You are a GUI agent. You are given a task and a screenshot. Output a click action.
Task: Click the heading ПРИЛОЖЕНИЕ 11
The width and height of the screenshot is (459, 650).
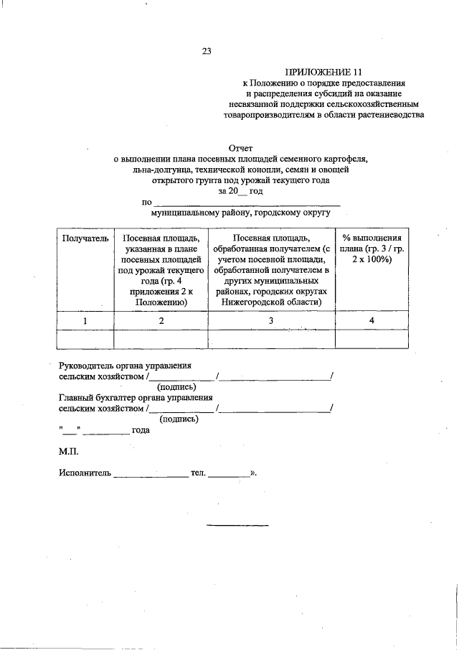319,72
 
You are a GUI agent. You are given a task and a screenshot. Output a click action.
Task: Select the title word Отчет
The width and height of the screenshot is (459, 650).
240,147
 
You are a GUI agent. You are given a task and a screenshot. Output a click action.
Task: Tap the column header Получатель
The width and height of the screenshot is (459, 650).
85,238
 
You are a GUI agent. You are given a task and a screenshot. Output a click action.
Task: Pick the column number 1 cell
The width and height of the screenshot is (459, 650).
85,320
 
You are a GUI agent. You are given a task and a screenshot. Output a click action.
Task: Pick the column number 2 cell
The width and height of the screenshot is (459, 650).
161,320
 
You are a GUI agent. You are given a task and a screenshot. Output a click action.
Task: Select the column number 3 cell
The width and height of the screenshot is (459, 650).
271,320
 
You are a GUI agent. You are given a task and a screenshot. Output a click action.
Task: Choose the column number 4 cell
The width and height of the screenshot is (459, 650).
372,320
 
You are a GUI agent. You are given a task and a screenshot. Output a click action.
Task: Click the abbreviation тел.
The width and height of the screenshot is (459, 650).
198,473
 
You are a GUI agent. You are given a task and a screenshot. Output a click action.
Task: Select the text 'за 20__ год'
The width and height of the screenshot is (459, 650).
240,192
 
